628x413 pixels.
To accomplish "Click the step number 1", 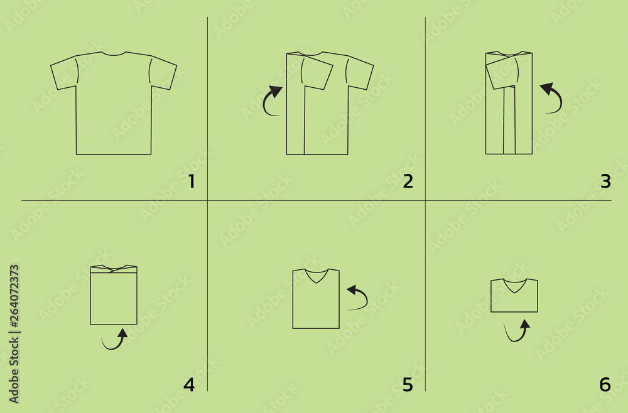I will (x=192, y=182).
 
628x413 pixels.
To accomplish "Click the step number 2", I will (x=408, y=182).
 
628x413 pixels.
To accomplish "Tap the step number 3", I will (x=605, y=182).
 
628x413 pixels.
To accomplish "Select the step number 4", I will (x=188, y=384).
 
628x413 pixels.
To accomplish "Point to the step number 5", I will (x=408, y=384).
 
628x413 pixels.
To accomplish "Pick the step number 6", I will (x=605, y=384).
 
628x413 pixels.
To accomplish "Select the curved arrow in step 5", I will (x=358, y=297).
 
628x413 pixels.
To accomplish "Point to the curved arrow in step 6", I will (x=517, y=331).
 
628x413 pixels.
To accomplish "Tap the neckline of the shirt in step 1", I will (x=114, y=54).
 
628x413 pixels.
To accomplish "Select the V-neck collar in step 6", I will (x=514, y=285).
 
